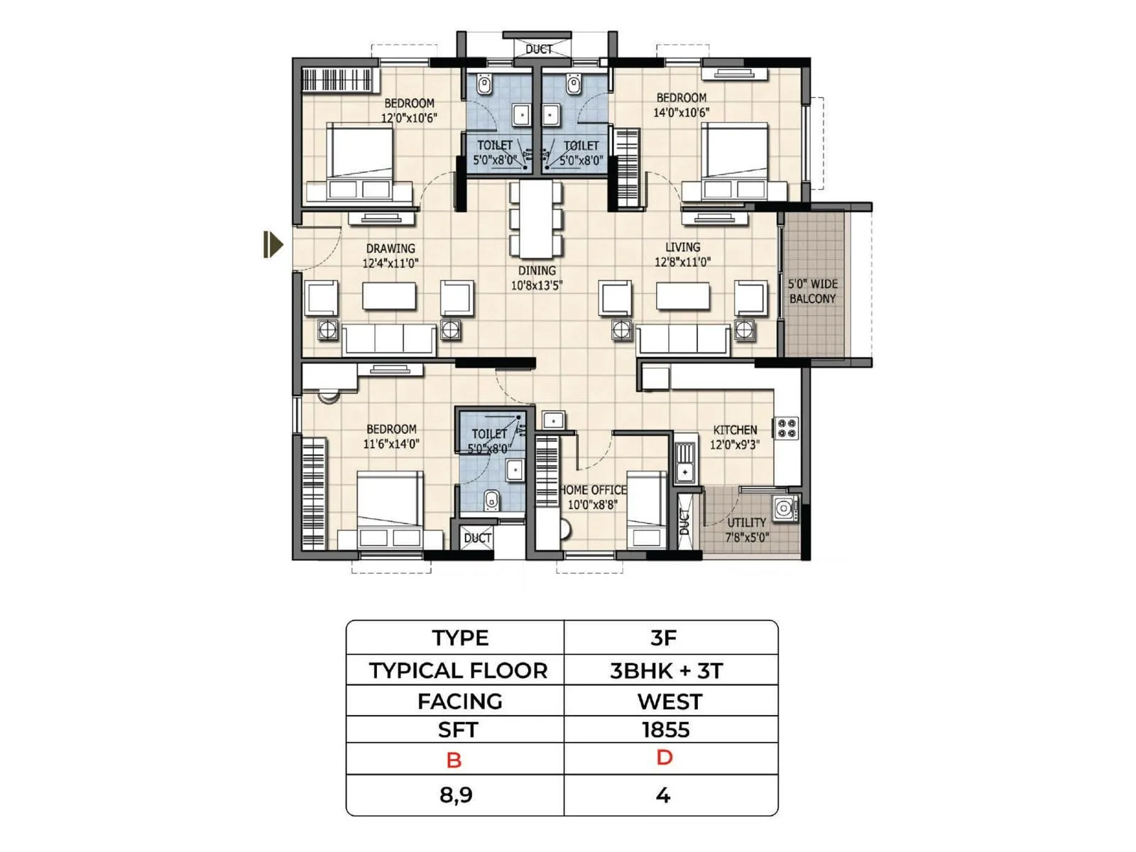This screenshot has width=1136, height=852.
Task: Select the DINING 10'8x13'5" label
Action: (x=537, y=278)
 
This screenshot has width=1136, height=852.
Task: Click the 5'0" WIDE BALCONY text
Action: (x=812, y=291)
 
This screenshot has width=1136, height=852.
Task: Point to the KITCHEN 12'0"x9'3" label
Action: (x=735, y=437)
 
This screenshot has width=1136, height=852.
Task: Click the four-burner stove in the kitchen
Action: (x=787, y=428)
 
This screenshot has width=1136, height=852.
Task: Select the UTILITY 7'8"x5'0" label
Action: (x=746, y=530)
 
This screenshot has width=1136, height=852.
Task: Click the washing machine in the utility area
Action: (x=784, y=508)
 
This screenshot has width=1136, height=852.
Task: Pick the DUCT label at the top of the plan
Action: (x=538, y=49)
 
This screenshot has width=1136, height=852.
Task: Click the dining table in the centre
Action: (x=536, y=220)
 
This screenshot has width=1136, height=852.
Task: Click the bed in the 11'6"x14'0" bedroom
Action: (x=389, y=508)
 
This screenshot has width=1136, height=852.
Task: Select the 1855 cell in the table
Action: (x=665, y=730)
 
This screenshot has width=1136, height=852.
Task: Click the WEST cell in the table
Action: (x=670, y=701)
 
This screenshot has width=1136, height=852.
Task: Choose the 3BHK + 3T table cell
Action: (x=665, y=670)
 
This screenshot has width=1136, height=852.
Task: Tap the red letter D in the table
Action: (x=664, y=758)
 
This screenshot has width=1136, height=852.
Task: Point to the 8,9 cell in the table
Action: (x=456, y=794)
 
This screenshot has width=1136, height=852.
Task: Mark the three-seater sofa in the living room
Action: (x=682, y=340)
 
